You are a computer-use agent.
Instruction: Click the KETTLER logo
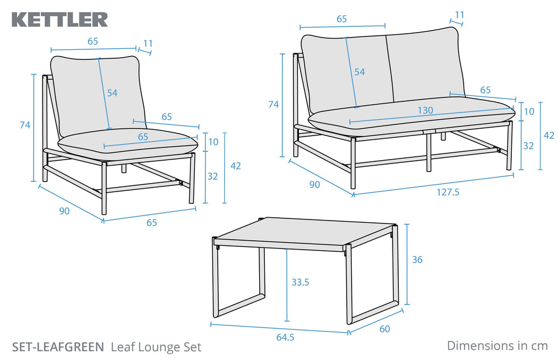(x=59, y=20)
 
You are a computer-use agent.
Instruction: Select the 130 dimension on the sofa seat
(x=426, y=111)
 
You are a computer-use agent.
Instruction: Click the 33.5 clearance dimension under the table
(x=300, y=282)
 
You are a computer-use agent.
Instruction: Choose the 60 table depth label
(x=384, y=329)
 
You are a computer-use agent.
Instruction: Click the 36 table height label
(x=417, y=259)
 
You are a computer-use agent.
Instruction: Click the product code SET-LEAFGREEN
(x=58, y=347)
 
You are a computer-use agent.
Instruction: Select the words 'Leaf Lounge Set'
(x=156, y=347)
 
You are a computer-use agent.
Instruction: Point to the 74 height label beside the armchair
(x=25, y=125)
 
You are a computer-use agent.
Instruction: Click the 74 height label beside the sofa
(x=273, y=104)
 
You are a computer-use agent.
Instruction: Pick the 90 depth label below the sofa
(x=315, y=184)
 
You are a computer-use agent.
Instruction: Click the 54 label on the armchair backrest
(x=113, y=93)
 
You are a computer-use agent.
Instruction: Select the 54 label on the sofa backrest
(x=359, y=72)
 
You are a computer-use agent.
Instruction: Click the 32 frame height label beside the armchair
(x=213, y=176)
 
